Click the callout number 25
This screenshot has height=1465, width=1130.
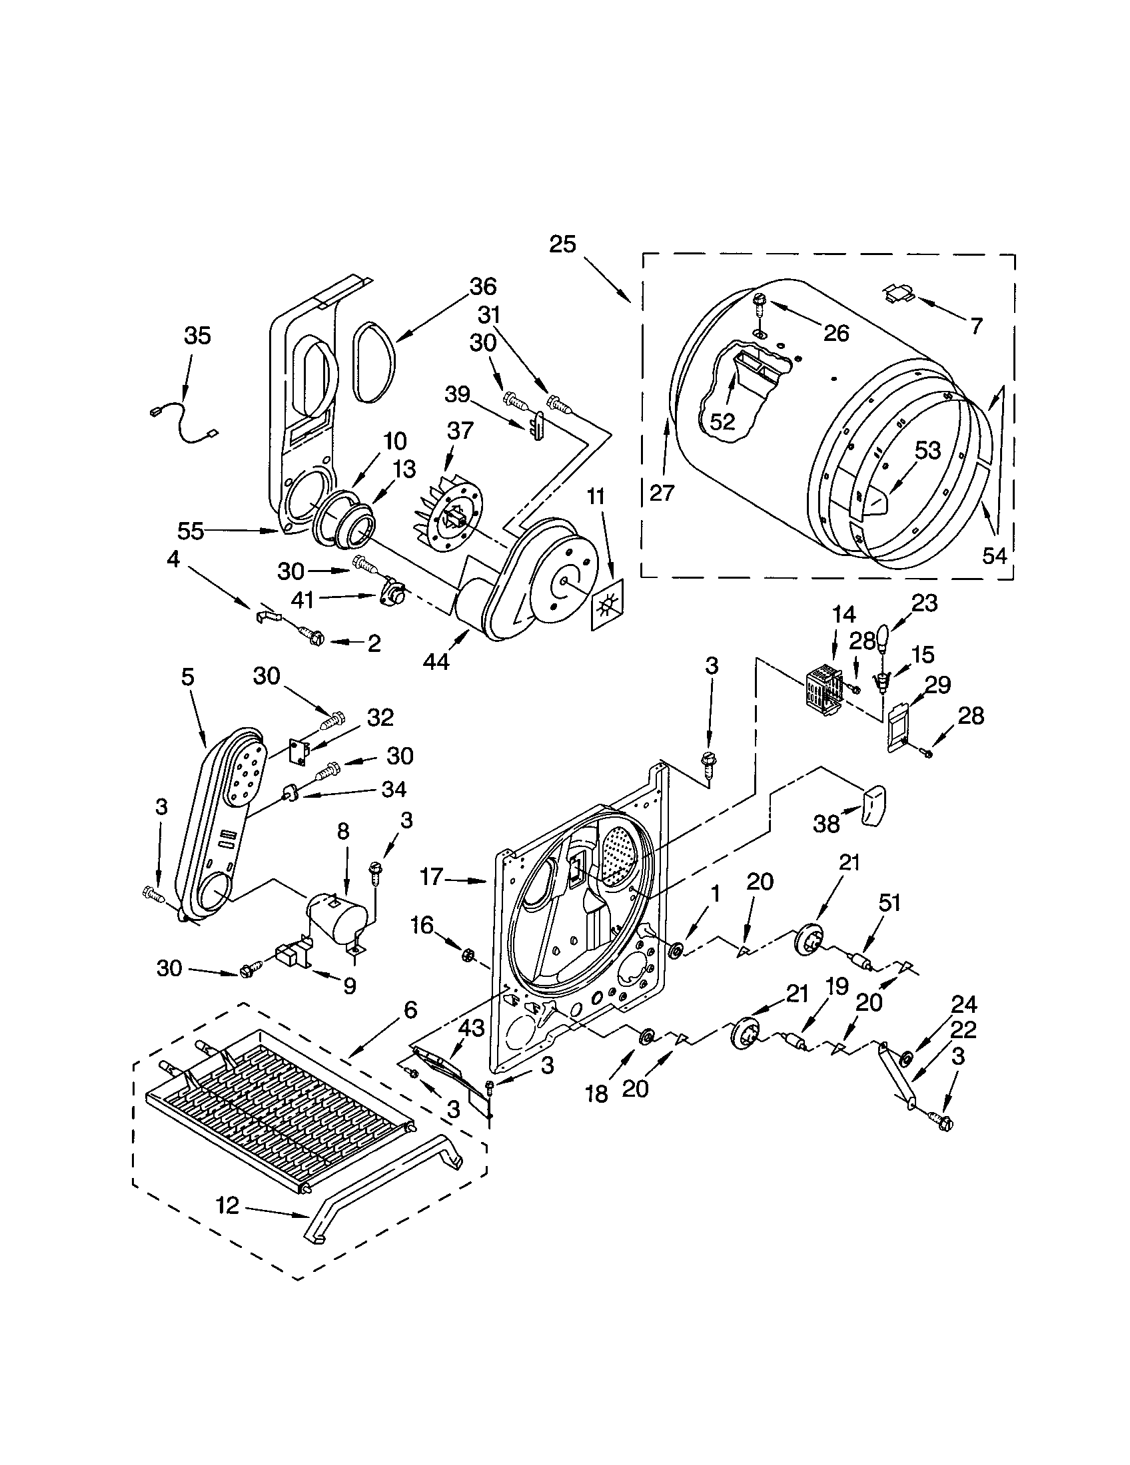[562, 244]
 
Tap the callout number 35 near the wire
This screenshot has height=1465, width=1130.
[197, 336]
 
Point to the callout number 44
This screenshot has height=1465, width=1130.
[437, 661]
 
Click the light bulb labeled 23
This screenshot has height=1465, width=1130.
[883, 637]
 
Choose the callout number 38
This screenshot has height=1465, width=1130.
[826, 823]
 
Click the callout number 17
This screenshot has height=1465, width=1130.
[432, 876]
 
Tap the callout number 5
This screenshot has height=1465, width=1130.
[187, 677]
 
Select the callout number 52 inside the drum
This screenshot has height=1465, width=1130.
[723, 422]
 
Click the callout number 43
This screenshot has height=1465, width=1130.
[470, 1028]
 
